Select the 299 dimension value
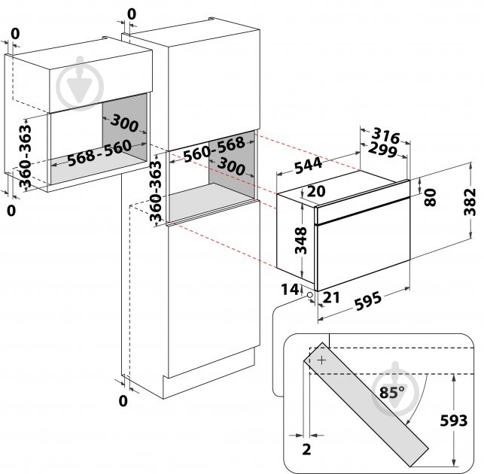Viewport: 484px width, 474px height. (383, 151)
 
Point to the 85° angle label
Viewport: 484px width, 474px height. (391, 391)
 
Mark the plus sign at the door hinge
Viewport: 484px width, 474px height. (323, 360)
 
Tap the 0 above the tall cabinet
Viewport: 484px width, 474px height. (132, 14)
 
